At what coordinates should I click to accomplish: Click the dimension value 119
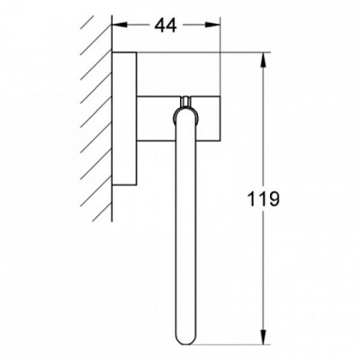click(264, 199)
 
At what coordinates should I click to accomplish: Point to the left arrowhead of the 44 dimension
click(117, 25)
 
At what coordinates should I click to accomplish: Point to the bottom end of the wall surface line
click(112, 220)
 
